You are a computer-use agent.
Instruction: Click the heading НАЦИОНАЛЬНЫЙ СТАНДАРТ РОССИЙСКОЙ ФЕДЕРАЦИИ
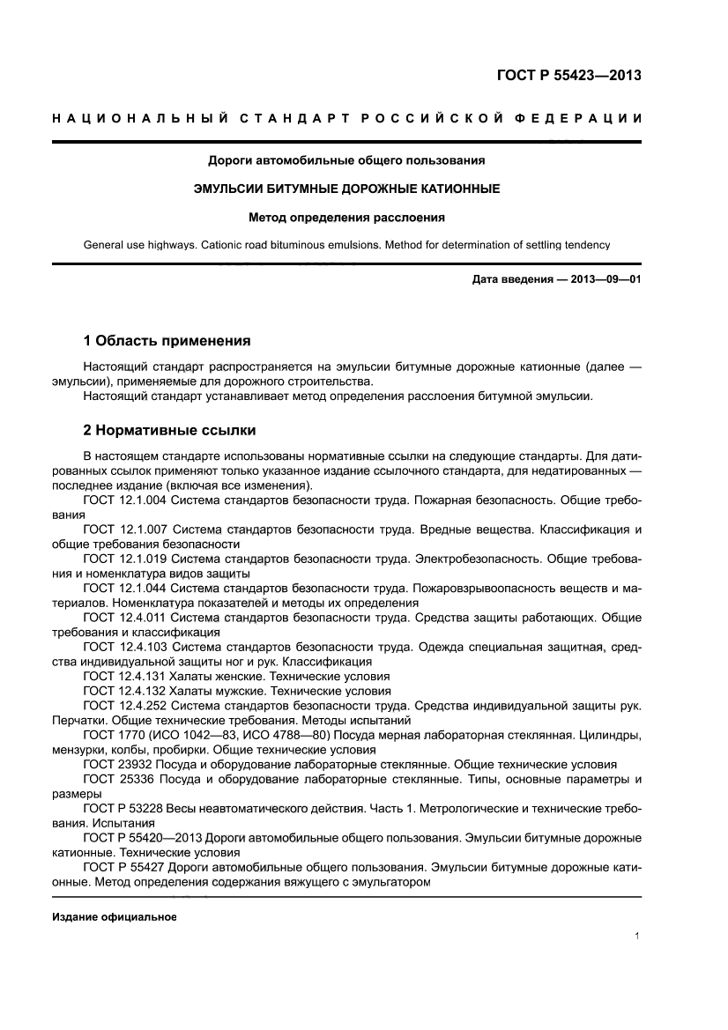pos(346,118)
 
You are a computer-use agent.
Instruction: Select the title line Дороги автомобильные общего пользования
pos(346,160)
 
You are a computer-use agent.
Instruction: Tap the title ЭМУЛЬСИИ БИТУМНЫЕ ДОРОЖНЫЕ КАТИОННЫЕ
pos(346,189)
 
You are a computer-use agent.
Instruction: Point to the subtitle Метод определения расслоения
pos(346,216)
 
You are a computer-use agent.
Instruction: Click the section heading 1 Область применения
pos(167,340)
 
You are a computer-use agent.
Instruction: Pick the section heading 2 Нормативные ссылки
pos(169,431)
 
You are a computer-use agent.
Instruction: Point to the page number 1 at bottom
pos(636,937)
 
